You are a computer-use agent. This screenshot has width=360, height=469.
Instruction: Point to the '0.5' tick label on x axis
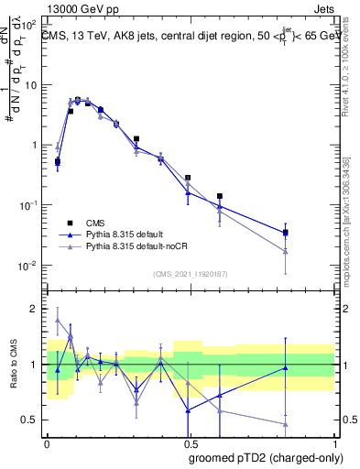tap(190, 442)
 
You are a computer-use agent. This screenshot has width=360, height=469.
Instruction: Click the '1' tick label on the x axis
tap(334, 442)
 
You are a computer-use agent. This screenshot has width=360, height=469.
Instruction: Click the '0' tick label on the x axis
tap(47, 442)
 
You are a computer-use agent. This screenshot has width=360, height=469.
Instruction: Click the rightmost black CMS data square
tap(286, 232)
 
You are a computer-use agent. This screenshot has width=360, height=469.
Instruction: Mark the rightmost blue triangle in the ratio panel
tap(286, 368)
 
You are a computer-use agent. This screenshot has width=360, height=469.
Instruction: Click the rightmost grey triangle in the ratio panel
tap(286, 424)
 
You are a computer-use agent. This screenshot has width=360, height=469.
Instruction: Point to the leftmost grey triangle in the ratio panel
tap(58, 320)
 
